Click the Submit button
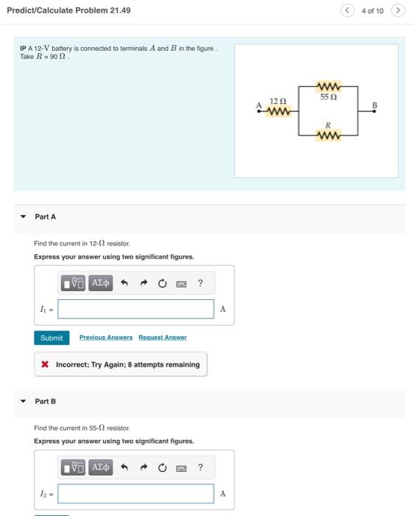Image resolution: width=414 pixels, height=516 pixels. pyautogui.click(x=52, y=338)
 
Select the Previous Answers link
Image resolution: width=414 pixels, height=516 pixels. pyautogui.click(x=106, y=338)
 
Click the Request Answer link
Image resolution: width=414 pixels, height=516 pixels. pyautogui.click(x=162, y=338)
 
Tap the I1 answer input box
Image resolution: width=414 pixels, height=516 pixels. pyautogui.click(x=136, y=309)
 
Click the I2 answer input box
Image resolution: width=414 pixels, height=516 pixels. pyautogui.click(x=136, y=493)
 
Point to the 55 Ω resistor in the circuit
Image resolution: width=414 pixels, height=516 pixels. pyautogui.click(x=328, y=87)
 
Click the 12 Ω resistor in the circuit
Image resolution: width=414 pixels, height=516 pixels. pyautogui.click(x=278, y=112)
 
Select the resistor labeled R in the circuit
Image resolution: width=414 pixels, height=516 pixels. pyautogui.click(x=328, y=136)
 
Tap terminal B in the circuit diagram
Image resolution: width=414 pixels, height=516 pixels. pyautogui.click(x=375, y=111)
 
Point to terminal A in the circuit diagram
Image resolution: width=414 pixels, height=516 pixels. pyautogui.click(x=259, y=111)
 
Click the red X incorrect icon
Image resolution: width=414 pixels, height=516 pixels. pyautogui.click(x=45, y=364)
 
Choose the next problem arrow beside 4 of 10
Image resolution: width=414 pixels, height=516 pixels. pyautogui.click(x=398, y=10)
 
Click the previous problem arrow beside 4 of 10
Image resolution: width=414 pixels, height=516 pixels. pyautogui.click(x=348, y=10)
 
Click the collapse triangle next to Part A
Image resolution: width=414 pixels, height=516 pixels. pyautogui.click(x=23, y=217)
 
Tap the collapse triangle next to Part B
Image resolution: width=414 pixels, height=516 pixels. pyautogui.click(x=23, y=401)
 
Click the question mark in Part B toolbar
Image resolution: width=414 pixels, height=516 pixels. pyautogui.click(x=200, y=467)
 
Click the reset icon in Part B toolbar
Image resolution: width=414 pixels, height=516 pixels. pyautogui.click(x=161, y=467)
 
